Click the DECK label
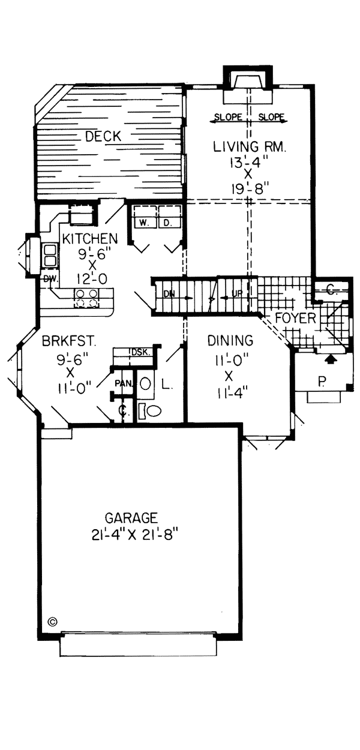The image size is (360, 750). click(x=103, y=136)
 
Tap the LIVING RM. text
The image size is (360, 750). click(x=243, y=146)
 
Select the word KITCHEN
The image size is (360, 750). click(x=91, y=238)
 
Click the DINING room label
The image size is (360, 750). click(x=230, y=341)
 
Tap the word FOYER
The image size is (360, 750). click(x=295, y=318)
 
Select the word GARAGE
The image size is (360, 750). click(x=131, y=517)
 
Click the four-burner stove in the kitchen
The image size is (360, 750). click(x=86, y=298)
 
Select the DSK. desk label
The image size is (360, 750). click(x=139, y=352)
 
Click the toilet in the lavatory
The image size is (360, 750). click(x=153, y=411)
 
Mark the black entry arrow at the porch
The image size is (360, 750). click(x=329, y=359)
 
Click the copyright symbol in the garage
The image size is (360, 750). click(x=52, y=622)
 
